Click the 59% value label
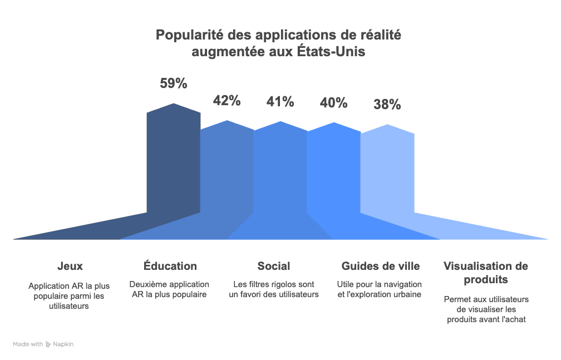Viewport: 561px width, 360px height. (x=174, y=83)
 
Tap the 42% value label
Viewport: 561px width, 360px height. (x=227, y=101)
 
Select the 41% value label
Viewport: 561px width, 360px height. (x=280, y=102)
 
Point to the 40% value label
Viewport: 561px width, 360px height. (x=334, y=103)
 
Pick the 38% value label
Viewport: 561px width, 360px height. (x=387, y=105)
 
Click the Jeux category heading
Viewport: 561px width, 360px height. (x=70, y=266)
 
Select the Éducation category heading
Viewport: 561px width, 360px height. (x=170, y=266)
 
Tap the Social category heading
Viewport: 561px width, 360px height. (x=274, y=266)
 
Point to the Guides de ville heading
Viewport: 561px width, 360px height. (x=381, y=266)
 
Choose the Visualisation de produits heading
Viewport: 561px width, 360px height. (x=486, y=273)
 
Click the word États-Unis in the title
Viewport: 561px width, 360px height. (x=331, y=52)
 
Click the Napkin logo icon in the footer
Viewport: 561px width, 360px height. (x=48, y=344)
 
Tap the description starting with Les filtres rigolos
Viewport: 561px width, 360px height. (x=274, y=289)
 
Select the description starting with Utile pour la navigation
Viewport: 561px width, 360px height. (x=379, y=289)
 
